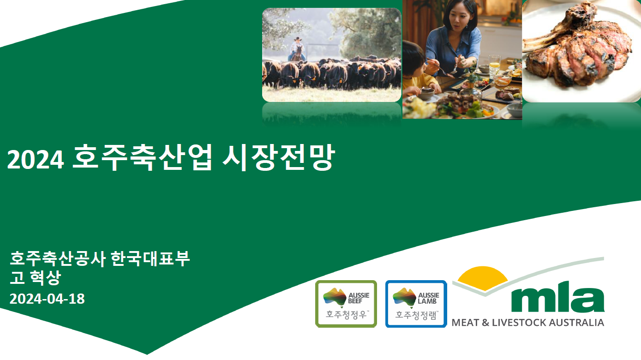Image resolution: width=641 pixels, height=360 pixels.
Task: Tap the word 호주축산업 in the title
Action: pos(143,158)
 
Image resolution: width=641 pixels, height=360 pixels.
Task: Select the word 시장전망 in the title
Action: pos(277,158)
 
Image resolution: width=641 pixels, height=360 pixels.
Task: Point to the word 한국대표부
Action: pos(150,259)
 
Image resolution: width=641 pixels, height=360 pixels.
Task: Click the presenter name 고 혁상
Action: pos(35,278)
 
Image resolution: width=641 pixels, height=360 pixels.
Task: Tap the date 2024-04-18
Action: pos(47,299)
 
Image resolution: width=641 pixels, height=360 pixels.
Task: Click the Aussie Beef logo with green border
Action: pos(346,304)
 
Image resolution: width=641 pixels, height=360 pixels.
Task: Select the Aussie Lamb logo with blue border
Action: pos(416,304)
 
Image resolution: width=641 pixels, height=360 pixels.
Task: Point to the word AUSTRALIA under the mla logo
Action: pos(581,323)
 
